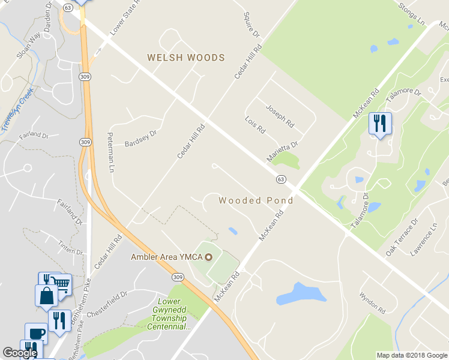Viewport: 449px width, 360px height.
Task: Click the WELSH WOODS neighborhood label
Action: pos(186,58)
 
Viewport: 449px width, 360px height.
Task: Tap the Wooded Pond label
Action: pos(256,200)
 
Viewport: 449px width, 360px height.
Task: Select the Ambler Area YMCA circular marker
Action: pos(209,257)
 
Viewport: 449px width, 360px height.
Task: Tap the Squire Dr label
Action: pos(252,24)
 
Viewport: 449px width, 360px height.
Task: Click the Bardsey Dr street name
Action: pos(140,138)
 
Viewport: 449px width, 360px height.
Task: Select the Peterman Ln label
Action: pos(112,152)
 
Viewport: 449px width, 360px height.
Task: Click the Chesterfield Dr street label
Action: pos(107,304)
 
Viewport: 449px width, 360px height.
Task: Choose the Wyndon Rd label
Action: pos(372,303)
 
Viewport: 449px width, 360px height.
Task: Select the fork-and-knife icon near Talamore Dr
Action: pos(379,123)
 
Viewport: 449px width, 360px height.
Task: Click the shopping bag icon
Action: pos(46,295)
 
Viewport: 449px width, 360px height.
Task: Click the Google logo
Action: pos(20,353)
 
